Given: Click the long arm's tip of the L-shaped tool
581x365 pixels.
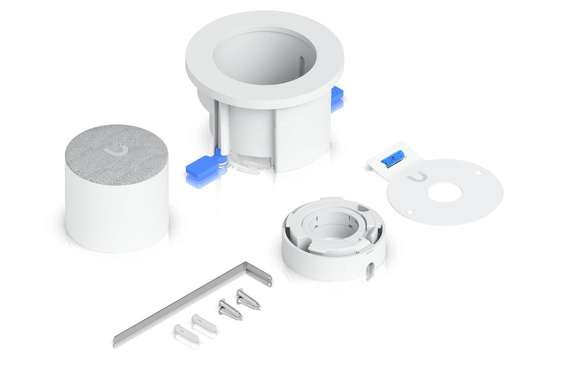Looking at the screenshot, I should tap(116, 341).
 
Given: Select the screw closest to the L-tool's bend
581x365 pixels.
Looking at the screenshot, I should tap(248, 299).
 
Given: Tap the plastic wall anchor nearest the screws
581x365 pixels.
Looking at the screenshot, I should tap(203, 323).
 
